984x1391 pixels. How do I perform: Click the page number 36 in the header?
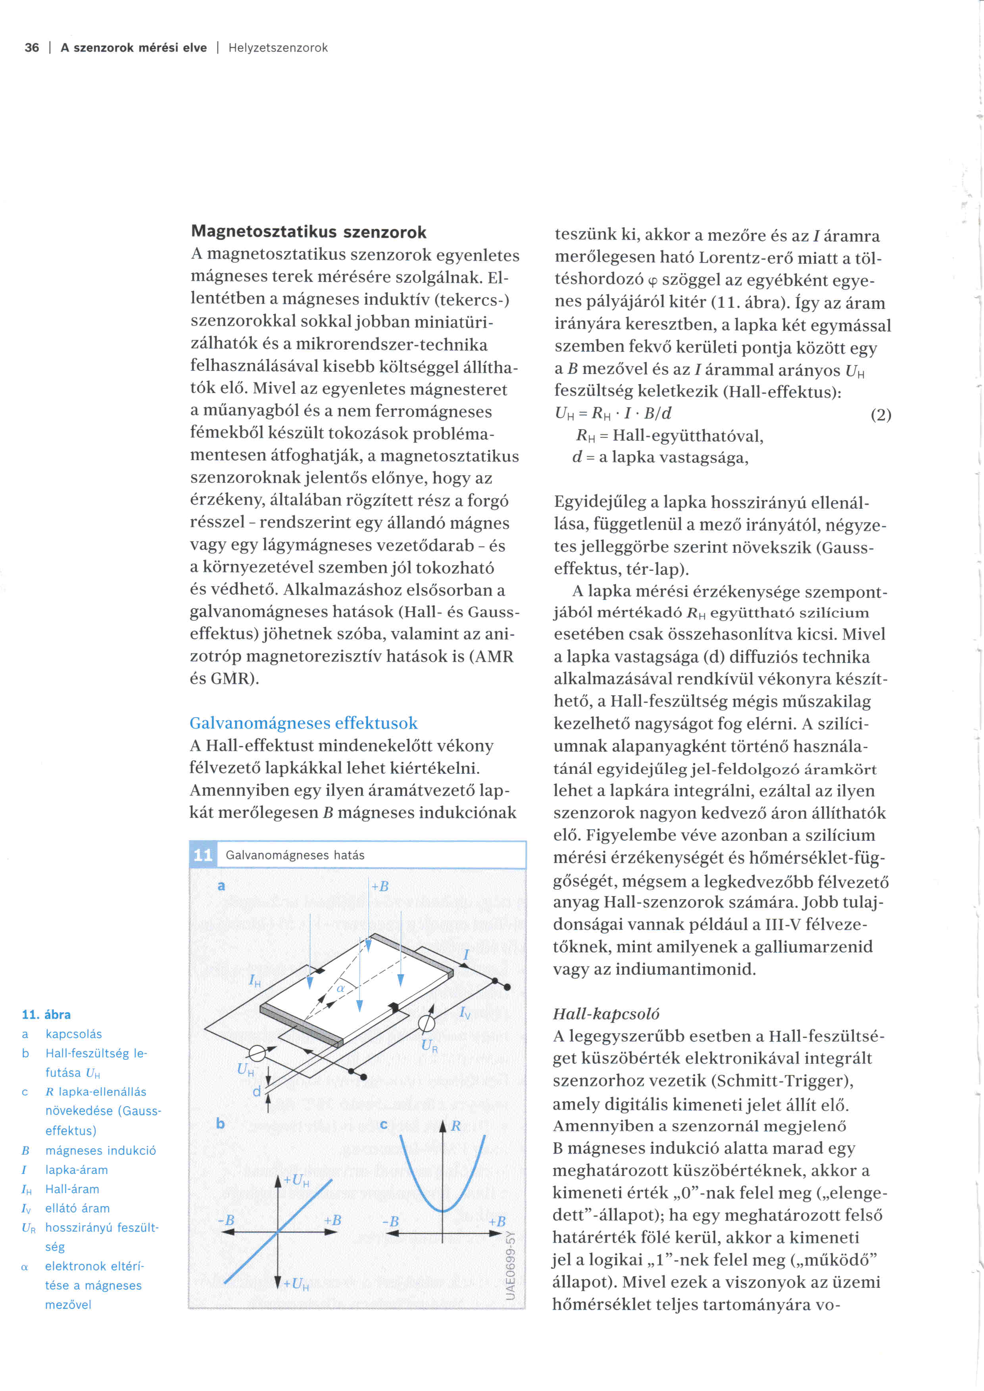coord(31,48)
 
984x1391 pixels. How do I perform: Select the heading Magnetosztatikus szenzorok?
coord(308,232)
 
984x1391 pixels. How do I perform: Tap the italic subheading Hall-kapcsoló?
coord(606,1014)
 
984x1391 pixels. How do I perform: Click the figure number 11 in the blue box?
coord(202,855)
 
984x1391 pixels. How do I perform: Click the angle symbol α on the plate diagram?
coord(340,988)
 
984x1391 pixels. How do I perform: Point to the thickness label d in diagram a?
coord(256,1091)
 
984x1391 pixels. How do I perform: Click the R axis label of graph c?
coord(455,1126)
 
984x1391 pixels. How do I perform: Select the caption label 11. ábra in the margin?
coord(46,1015)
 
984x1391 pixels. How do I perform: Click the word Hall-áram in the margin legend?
coord(72,1189)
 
